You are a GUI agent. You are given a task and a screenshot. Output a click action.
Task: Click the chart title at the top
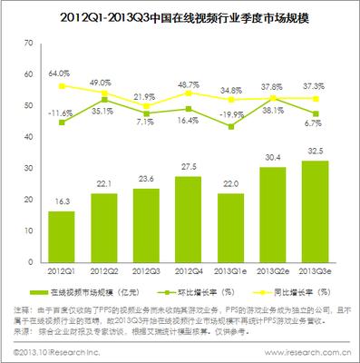pyautogui.click(x=180, y=16)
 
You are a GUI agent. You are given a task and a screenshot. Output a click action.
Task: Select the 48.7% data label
pyautogui.click(x=188, y=83)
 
